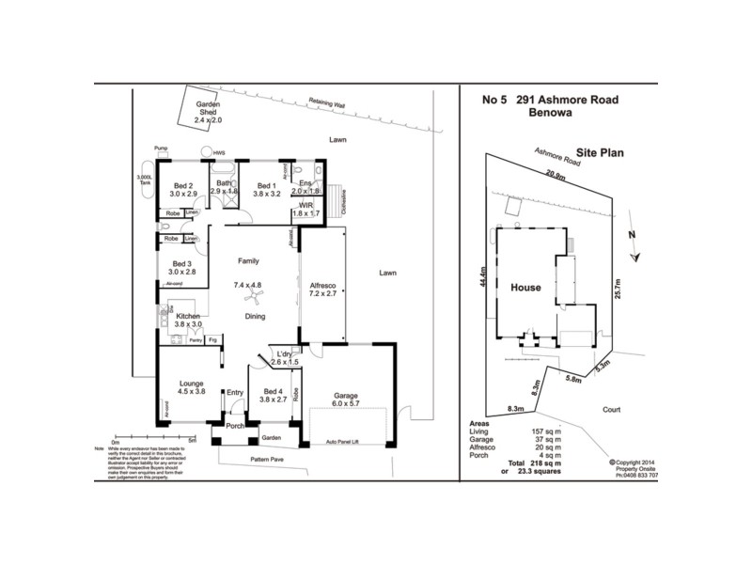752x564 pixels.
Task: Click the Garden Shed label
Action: click(207, 113)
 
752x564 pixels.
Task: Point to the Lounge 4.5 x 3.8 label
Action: click(192, 386)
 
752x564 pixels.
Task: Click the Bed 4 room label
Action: click(272, 395)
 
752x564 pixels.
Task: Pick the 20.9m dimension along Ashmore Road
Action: click(556, 175)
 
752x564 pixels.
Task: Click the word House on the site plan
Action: click(525, 288)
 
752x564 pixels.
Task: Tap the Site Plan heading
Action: click(602, 151)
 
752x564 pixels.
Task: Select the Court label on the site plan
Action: click(612, 410)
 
